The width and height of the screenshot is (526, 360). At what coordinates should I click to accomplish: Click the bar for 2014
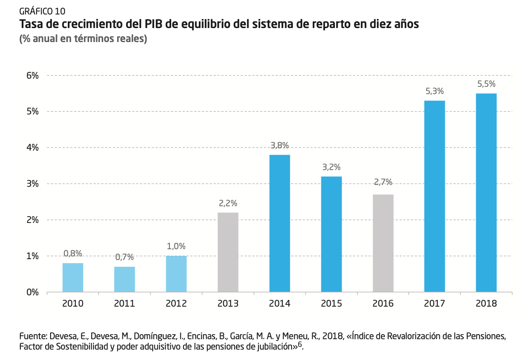(x=280, y=223)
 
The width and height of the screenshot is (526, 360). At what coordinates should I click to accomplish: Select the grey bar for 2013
(x=228, y=252)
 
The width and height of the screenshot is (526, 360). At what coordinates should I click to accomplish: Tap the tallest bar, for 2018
(x=486, y=193)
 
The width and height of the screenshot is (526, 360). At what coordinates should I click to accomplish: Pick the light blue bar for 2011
(x=124, y=279)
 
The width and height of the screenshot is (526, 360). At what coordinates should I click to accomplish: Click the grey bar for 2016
(x=383, y=243)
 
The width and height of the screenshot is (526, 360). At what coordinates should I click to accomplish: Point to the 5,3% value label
(x=435, y=91)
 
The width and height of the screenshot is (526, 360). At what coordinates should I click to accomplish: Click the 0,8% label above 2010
(x=73, y=254)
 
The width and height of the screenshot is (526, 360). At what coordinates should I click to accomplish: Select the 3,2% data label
(x=331, y=167)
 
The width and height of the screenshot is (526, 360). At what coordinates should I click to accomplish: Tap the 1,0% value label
(x=176, y=246)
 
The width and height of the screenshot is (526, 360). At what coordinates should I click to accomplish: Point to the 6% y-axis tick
(x=33, y=76)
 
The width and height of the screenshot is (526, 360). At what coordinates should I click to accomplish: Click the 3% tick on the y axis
(x=33, y=184)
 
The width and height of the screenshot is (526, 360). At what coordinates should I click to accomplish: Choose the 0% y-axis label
(x=33, y=293)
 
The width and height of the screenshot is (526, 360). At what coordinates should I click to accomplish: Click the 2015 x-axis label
(x=331, y=303)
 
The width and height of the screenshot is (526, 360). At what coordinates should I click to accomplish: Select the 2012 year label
(x=176, y=303)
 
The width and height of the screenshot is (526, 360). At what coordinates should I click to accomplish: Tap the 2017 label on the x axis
(x=435, y=303)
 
